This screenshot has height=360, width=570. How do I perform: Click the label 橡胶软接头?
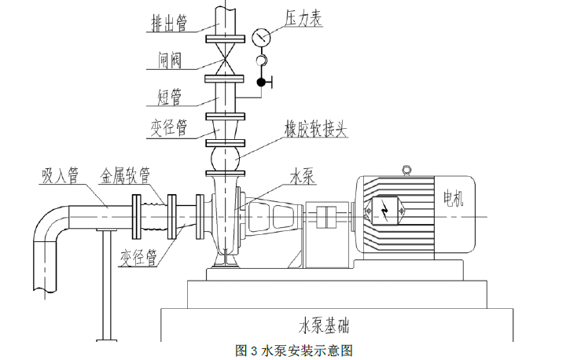pos(314,129)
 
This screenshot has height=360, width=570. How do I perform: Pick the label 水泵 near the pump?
pos(303,177)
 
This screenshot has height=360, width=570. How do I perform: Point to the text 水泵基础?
pos(323,324)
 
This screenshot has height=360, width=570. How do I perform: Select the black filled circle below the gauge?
pos(261,81)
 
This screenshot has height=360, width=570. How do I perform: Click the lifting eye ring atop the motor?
pos(406,169)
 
